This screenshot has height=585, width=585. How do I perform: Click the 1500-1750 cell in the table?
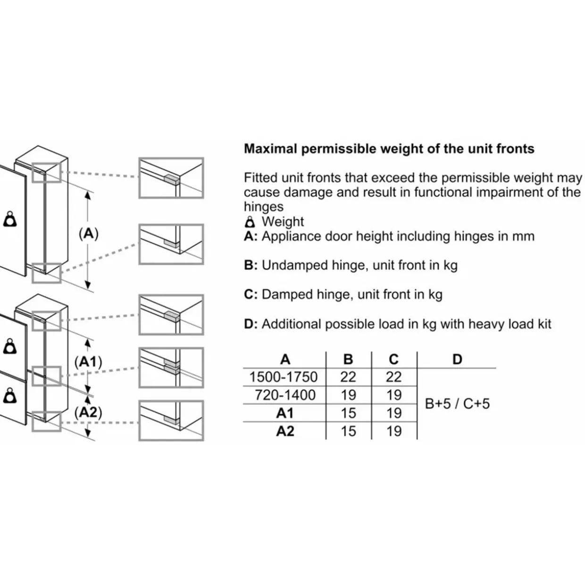tap(283, 377)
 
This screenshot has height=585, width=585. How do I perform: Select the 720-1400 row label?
tap(285, 395)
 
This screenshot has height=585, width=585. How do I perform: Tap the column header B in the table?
tap(348, 359)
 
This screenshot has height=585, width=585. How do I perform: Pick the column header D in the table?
tap(457, 359)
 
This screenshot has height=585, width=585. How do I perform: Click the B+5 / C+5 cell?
tap(457, 404)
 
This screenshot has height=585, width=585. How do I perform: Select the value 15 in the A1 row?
tap(348, 413)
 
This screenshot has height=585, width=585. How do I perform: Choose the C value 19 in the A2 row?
tap(394, 431)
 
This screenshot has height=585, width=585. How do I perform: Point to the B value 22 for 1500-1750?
tap(348, 377)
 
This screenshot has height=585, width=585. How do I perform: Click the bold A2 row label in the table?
tap(285, 431)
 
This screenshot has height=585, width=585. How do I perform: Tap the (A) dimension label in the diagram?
tap(89, 234)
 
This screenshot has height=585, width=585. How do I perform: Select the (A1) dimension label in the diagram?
tap(88, 362)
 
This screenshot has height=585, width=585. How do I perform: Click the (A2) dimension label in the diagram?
tap(88, 412)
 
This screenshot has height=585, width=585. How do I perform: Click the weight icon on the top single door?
tap(9, 219)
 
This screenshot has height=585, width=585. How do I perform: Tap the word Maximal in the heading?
tap(271, 149)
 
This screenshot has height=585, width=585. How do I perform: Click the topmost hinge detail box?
tap(171, 178)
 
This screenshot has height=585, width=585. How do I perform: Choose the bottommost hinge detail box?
tap(171, 420)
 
